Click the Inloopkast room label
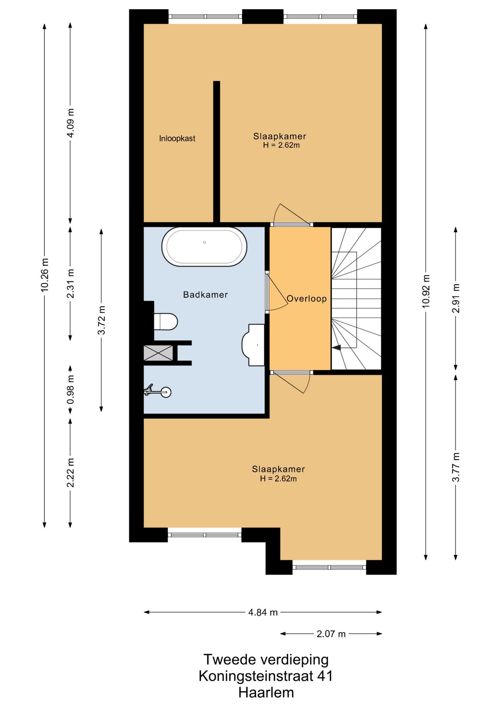[x=177, y=138]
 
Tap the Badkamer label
[x=205, y=295]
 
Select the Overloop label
[x=307, y=299]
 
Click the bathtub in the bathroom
[x=204, y=247]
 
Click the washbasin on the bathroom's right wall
[x=253, y=345]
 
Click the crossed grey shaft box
[x=158, y=353]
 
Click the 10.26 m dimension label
[x=45, y=275]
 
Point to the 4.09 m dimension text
[x=70, y=123]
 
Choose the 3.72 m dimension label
[x=101, y=320]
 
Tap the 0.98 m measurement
[x=70, y=389]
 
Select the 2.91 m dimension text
[x=456, y=298]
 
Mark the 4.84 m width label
[x=263, y=612]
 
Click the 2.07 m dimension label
[x=331, y=634]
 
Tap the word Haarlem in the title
[x=266, y=693]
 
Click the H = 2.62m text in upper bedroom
[x=281, y=145]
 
